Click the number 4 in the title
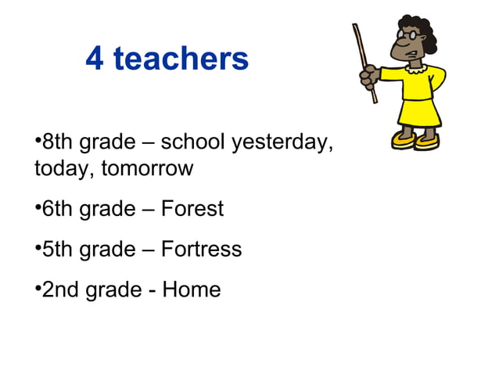[x=95, y=59]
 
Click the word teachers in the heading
[x=182, y=59]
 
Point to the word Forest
[x=192, y=209]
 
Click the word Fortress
[x=201, y=250]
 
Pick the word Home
[x=192, y=290]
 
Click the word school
[x=198, y=142]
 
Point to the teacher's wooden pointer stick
[x=364, y=62]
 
